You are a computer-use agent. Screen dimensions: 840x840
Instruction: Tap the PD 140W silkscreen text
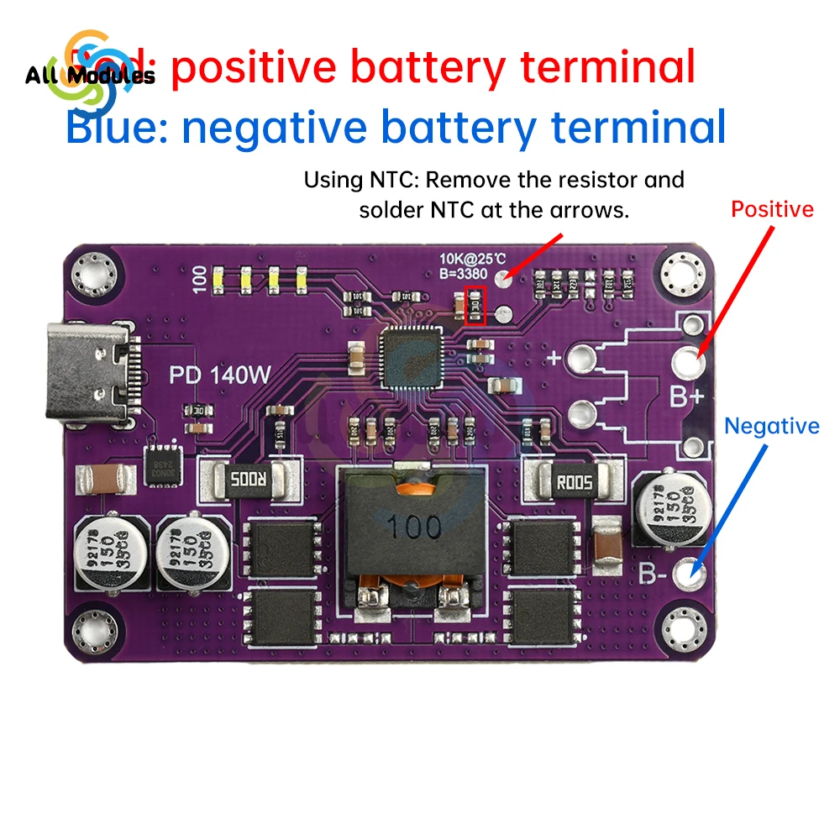220,374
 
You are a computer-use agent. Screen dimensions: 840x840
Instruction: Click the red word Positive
772,209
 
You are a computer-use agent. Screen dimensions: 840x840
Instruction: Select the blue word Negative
772,426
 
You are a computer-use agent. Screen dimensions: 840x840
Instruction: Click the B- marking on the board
656,574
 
